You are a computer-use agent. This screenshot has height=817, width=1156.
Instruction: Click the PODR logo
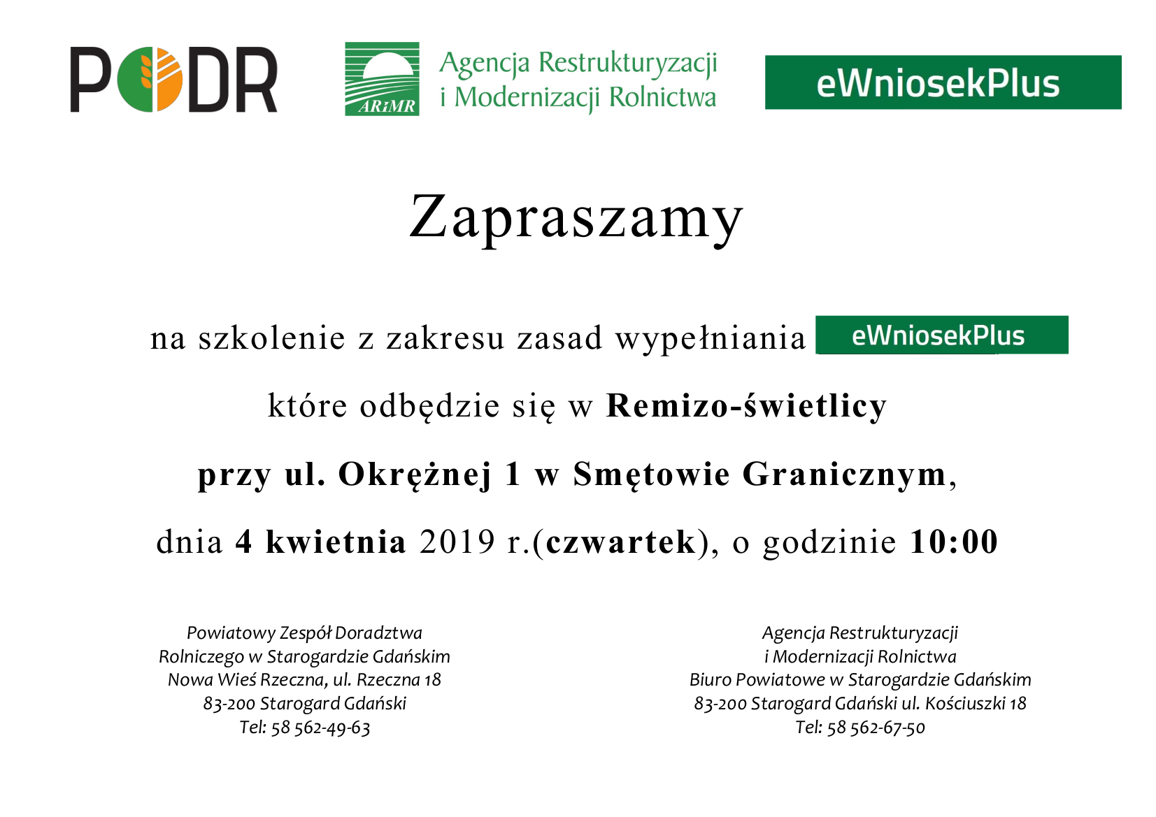(173, 79)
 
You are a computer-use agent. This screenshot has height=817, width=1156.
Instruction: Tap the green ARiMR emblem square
(382, 79)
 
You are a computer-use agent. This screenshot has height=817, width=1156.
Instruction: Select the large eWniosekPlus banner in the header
(943, 82)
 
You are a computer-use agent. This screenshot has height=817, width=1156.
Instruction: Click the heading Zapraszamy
(576, 217)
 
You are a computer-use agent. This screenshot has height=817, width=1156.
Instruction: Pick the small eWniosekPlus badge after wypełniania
(942, 335)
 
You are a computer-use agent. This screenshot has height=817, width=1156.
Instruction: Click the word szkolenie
(271, 338)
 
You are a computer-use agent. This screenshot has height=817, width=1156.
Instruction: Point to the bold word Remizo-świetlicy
(746, 406)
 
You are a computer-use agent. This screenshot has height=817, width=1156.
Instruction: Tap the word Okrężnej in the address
(415, 475)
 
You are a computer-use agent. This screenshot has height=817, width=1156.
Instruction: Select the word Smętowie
(651, 475)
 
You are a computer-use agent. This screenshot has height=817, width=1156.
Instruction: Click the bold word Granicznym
(844, 475)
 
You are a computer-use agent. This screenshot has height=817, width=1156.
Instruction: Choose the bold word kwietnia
(336, 542)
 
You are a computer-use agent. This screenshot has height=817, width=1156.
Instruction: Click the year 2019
(457, 542)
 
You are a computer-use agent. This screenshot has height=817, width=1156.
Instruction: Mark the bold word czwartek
(620, 542)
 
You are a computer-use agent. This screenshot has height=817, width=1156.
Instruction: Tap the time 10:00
(954, 542)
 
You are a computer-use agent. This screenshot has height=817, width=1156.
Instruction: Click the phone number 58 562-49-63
(320, 728)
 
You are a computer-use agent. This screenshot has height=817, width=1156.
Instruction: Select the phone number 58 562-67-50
(876, 728)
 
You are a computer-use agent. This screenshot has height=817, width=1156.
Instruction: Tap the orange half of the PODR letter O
(169, 79)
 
